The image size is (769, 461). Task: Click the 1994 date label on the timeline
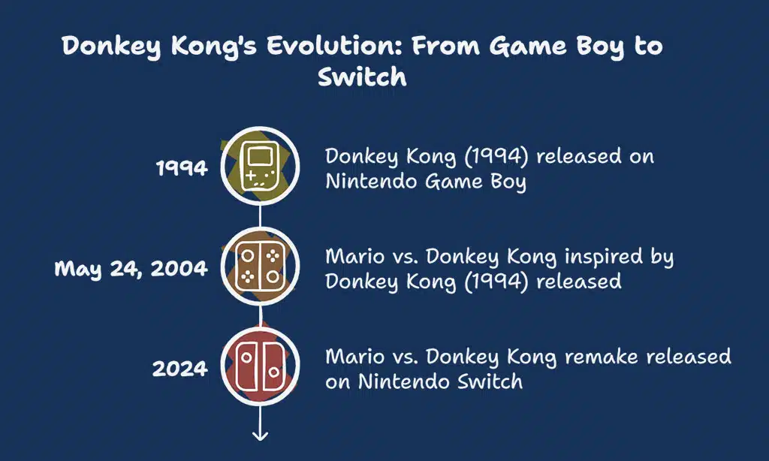pyautogui.click(x=182, y=168)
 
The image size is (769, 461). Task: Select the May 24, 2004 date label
pyautogui.click(x=131, y=269)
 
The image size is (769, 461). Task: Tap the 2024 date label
pyautogui.click(x=180, y=369)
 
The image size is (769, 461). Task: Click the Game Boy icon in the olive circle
pyautogui.click(x=260, y=166)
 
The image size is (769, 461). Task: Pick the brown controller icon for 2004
pyautogui.click(x=260, y=267)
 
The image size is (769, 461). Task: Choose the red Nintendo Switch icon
pyautogui.click(x=260, y=366)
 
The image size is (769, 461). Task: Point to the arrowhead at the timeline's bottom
pyautogui.click(x=260, y=435)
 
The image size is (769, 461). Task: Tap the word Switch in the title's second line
pyautogui.click(x=362, y=77)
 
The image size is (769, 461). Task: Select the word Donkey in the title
pyautogui.click(x=111, y=47)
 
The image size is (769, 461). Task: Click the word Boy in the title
pyautogui.click(x=600, y=47)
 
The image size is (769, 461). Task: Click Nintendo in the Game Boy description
pyautogui.click(x=372, y=182)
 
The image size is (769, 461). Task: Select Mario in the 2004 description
pyautogui.click(x=348, y=257)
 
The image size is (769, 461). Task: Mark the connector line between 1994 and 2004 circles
pyautogui.click(x=260, y=216)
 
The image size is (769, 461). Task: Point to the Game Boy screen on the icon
pyautogui.click(x=260, y=157)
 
